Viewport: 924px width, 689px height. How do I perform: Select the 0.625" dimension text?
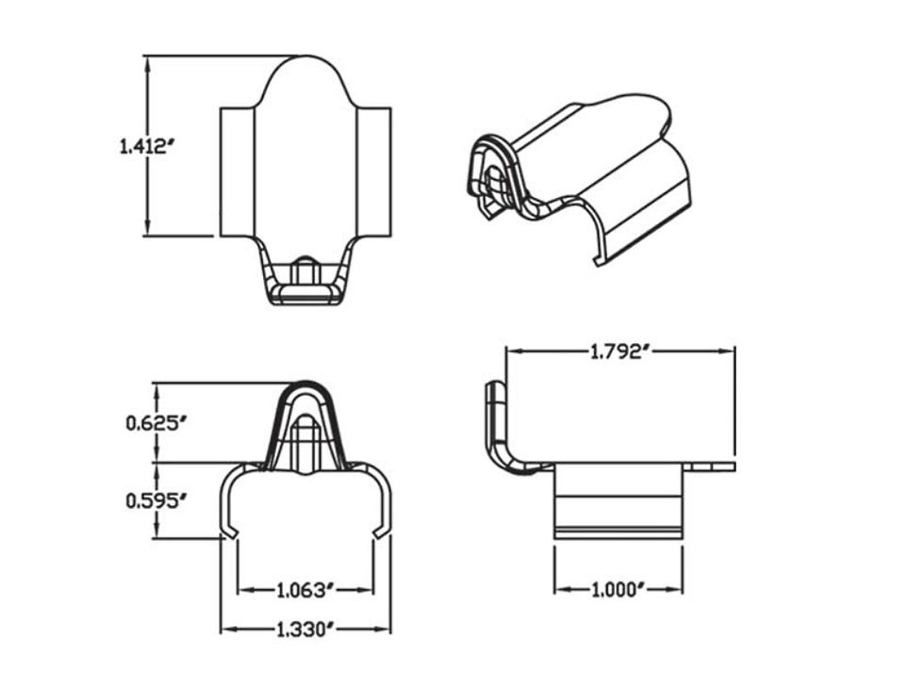click(x=152, y=422)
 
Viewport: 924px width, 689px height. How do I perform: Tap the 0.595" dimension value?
click(x=152, y=500)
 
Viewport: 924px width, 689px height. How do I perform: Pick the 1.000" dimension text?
click(x=618, y=591)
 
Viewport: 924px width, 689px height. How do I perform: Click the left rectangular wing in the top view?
click(x=238, y=172)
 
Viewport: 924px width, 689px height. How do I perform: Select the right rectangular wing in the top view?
click(x=373, y=172)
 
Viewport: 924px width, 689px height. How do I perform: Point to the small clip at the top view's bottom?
click(x=305, y=281)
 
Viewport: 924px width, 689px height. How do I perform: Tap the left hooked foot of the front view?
click(x=229, y=533)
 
